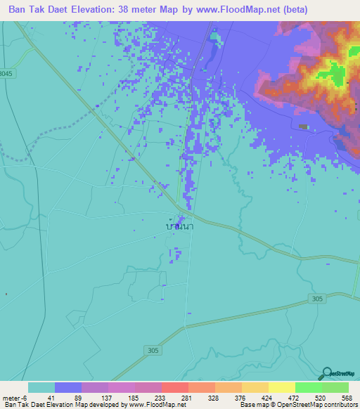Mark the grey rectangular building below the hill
click(x=304, y=126)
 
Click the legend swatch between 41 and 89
click(x=68, y=387)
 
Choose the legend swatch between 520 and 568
click(x=335, y=387)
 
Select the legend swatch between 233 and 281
click(x=175, y=387)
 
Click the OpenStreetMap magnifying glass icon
click(x=327, y=374)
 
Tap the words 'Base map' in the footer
click(x=252, y=405)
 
